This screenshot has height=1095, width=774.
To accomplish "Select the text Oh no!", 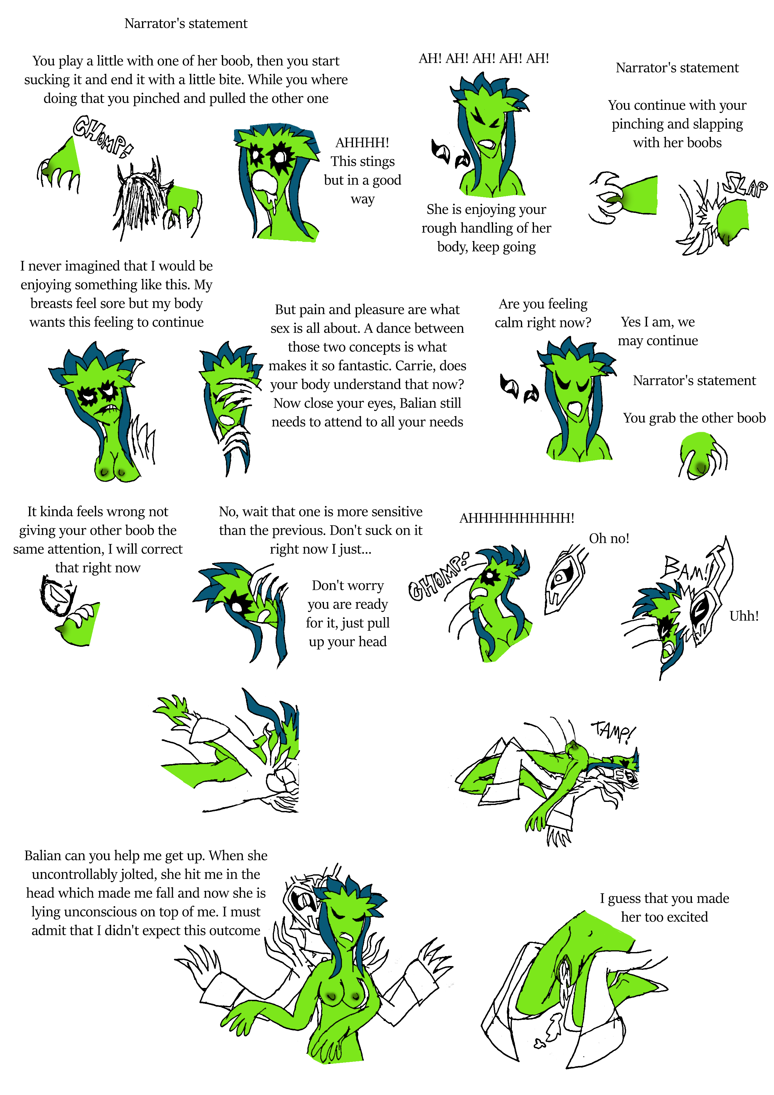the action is [609, 538].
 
